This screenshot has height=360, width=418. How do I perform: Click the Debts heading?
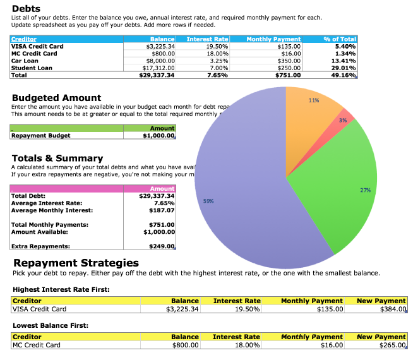click(27, 8)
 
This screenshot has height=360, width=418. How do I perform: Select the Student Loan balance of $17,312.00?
click(158, 68)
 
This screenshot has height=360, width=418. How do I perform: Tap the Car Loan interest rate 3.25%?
click(217, 61)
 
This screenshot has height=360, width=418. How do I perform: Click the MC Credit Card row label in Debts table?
click(35, 54)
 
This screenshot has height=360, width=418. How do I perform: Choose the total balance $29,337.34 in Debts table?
click(157, 75)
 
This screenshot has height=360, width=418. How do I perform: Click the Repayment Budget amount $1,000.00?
click(158, 135)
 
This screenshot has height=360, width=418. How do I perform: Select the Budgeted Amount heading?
click(56, 98)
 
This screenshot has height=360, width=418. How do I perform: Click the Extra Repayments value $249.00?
click(162, 246)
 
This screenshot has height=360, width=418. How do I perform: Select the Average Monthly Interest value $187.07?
click(162, 210)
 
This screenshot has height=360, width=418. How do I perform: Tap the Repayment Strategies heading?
click(76, 263)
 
